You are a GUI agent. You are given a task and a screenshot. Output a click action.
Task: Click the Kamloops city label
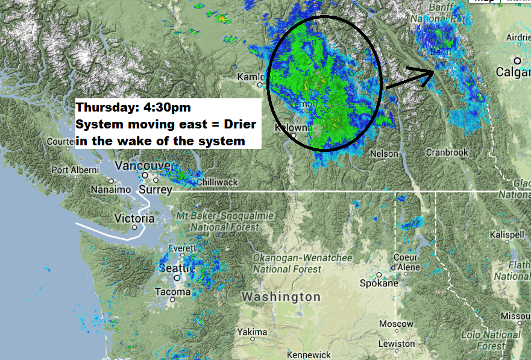[x=259, y=77]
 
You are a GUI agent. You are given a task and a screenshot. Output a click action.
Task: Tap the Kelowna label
[x=294, y=128]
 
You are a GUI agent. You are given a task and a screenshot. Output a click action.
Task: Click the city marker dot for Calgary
[x=517, y=60]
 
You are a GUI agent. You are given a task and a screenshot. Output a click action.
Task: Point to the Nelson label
[x=384, y=154]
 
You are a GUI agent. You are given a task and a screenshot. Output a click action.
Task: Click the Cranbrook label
[x=447, y=153]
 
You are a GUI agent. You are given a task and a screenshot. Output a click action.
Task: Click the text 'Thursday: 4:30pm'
[x=133, y=108]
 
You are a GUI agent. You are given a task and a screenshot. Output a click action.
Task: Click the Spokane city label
[x=379, y=283]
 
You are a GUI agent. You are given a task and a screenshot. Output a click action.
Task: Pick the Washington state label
[x=281, y=297]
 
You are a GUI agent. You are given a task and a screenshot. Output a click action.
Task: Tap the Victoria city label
[x=134, y=218]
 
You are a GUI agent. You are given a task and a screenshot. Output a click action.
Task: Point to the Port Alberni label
[x=75, y=170]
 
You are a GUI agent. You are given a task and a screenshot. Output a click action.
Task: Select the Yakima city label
[x=252, y=332]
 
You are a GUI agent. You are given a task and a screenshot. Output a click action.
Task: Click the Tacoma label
[x=172, y=291]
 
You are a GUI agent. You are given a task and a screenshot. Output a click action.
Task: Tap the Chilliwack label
[x=217, y=182]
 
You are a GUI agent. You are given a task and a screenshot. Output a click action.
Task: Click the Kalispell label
[x=507, y=234]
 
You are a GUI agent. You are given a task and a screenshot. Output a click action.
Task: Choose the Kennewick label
[x=309, y=355]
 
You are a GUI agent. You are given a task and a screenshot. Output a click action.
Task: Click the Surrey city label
[x=156, y=189]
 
